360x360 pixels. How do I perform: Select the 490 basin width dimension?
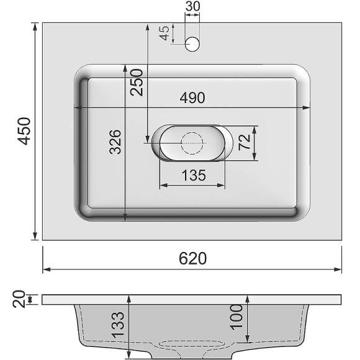click(x=192, y=98)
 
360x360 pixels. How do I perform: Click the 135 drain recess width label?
click(x=193, y=176)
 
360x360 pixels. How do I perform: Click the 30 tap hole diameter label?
click(x=193, y=7)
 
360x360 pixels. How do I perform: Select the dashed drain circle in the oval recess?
click(x=192, y=142)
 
